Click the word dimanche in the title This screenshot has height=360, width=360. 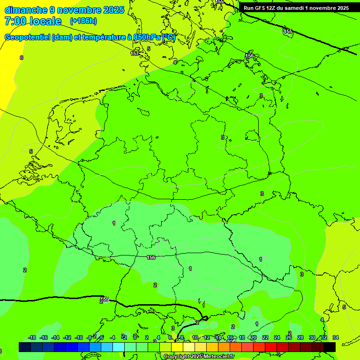point(25,10)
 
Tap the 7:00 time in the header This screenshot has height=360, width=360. point(14,21)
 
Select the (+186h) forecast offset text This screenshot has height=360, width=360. point(83,21)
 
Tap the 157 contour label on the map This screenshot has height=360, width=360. point(135,53)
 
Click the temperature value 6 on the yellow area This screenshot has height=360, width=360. point(22,58)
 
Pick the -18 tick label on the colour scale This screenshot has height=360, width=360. point(32,337)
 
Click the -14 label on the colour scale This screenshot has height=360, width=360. point(55,337)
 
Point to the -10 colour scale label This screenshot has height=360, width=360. point(78,337)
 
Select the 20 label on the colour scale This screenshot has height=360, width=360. point(253,337)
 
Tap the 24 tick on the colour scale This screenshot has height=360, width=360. point(277,337)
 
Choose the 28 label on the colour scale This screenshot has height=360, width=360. point(300,337)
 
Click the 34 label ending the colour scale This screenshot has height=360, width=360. point(336,337)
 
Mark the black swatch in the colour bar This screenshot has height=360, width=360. point(330,347)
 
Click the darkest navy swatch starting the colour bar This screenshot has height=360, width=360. point(25,347)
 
